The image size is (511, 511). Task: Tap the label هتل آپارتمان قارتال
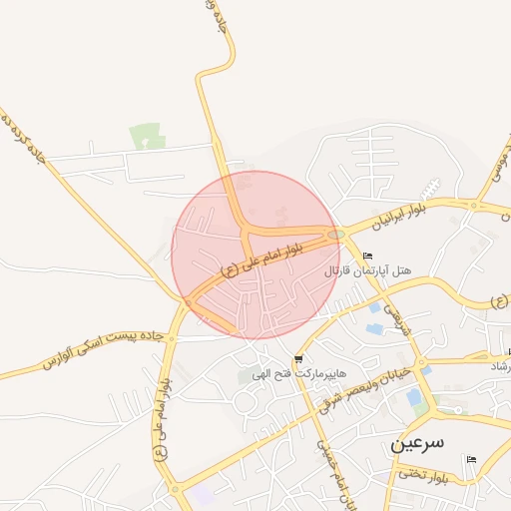pyautogui.click(x=368, y=270)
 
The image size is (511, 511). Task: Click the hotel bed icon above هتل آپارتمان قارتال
pyautogui.click(x=368, y=255)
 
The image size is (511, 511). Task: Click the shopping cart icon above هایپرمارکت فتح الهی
pyautogui.click(x=298, y=358)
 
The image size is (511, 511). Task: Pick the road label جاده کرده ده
pyautogui.click(x=24, y=140)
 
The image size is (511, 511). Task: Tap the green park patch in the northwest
pyautogui.click(x=146, y=136)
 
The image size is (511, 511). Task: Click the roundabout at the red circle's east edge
pyautogui.click(x=336, y=236)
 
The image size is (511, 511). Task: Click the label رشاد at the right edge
pyautogui.click(x=497, y=367)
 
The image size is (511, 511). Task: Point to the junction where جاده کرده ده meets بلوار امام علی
pyautogui.click(x=187, y=299)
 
